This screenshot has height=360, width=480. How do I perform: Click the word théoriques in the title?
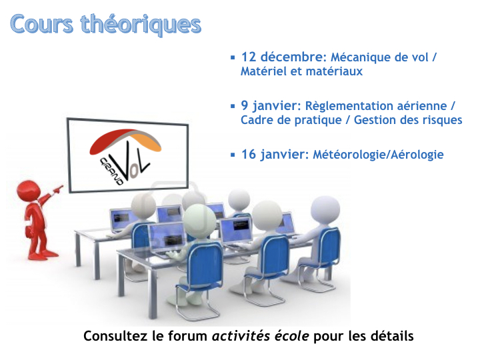coord(141,25)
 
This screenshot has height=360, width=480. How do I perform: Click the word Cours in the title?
coord(42,24)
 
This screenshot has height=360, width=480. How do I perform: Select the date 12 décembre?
coord(281,57)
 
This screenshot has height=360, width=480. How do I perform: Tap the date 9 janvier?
coord(269,106)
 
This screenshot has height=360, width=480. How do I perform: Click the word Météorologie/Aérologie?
coord(378,155)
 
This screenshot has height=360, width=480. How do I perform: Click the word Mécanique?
coord(357,57)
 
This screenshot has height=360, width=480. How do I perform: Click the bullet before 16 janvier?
coord(233,155)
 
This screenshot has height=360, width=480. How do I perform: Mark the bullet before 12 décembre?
coord(233,57)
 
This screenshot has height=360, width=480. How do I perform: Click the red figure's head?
coord(29,191)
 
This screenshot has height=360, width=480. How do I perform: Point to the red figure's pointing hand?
coord(58,189)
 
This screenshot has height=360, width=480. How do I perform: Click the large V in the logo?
coord(124,161)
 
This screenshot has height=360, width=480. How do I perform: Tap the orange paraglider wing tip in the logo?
coord(157,149)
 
